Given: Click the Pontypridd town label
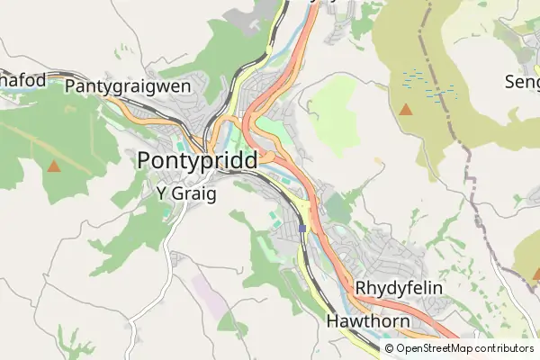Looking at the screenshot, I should (197, 160).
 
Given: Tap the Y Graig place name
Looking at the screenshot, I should (186, 193).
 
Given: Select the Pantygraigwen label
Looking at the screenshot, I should (128, 85).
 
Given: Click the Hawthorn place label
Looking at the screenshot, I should (368, 320).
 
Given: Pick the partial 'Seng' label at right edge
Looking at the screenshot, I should (521, 81).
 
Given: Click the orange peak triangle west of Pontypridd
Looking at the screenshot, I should (54, 166).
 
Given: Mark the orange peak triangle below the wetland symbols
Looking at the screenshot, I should (405, 110).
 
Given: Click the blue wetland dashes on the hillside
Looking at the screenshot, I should (428, 84).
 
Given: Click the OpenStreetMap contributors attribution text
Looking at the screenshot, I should (464, 347).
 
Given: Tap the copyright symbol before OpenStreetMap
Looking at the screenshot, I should (389, 347).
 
